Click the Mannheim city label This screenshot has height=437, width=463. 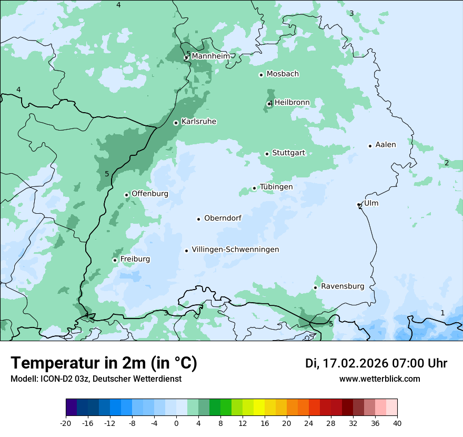pos(210,56)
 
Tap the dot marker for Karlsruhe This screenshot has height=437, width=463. pos(176,123)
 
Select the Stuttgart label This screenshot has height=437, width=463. pos(288,153)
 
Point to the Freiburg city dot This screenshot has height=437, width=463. pos(115,260)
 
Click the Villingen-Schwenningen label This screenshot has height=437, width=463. pos(235,250)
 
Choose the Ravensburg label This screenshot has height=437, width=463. pos(343,286)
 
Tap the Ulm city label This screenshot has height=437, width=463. pos(371,203)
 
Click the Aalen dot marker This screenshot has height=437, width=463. pos(370,146)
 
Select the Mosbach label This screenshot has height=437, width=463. pos(283,74)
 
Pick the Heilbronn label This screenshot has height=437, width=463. pos(292,102)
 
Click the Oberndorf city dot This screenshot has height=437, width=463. pos(199,219)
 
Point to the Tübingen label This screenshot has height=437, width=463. pos(276,187)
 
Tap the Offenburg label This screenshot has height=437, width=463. pos(150,194)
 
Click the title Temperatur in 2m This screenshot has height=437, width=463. pos(104,363)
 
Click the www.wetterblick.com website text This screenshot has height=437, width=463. pos(379,379)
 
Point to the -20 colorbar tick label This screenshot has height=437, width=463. pos(66,423)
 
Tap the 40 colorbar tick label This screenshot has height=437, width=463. pos(397,423)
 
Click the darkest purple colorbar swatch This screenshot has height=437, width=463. pos(72,408)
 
